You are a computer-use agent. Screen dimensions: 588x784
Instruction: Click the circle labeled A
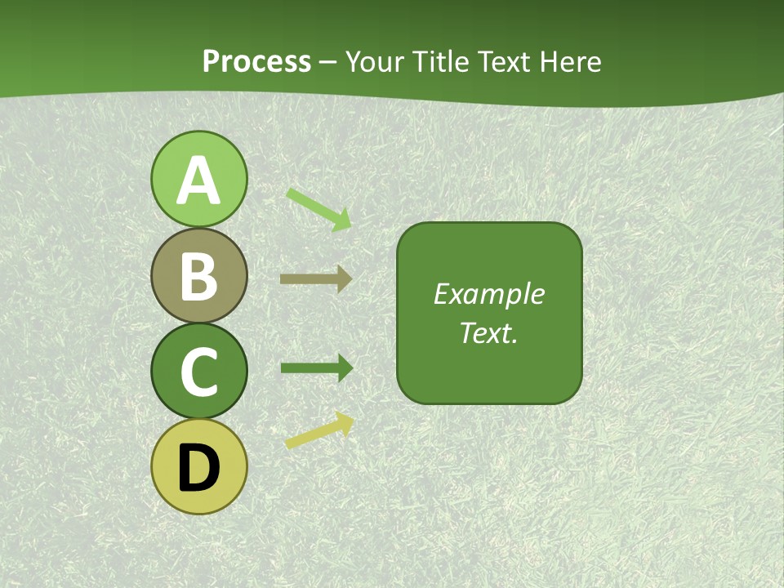click(199, 179)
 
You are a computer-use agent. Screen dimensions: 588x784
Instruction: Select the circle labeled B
click(199, 275)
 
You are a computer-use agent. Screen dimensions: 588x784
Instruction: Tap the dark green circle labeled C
click(199, 371)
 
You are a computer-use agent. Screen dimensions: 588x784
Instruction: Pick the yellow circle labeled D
click(199, 466)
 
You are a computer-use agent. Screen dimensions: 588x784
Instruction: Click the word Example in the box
click(489, 294)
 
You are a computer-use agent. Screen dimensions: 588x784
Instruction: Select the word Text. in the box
click(489, 333)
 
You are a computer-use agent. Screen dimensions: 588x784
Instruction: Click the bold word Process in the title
click(256, 61)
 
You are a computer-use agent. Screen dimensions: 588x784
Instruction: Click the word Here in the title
click(571, 61)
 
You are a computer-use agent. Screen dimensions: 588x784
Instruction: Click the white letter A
click(199, 180)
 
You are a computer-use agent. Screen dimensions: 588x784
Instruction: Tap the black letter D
click(199, 468)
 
